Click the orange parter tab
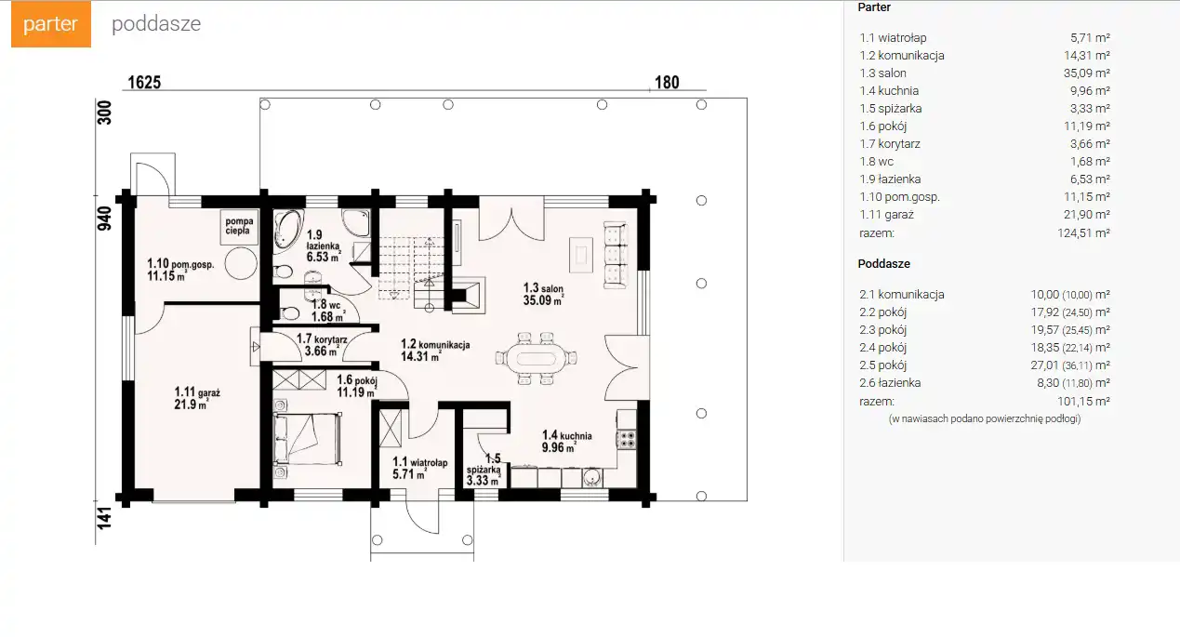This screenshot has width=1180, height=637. click(x=50, y=23)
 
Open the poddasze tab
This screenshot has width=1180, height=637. click(x=156, y=23)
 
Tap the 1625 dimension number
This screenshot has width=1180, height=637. click(x=144, y=82)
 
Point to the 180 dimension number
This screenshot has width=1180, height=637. click(x=667, y=82)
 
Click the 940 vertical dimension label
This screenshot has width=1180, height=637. click(x=104, y=219)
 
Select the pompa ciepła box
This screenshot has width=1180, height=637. click(x=239, y=227)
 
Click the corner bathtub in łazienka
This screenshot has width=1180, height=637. click(x=287, y=229)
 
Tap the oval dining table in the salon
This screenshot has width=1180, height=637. click(x=537, y=359)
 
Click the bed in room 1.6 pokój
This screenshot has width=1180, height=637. click(x=307, y=439)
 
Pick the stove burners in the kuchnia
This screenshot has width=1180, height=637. click(x=627, y=440)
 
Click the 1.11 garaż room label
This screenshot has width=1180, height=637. click(x=197, y=398)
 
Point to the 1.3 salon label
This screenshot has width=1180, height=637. click(x=543, y=294)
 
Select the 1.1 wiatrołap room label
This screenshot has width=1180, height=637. click(x=420, y=468)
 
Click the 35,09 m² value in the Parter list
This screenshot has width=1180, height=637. click(x=1087, y=73)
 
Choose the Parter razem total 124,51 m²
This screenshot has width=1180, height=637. click(x=1083, y=232)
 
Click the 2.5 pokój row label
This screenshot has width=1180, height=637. click(x=882, y=365)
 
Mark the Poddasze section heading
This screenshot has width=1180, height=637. click(x=884, y=263)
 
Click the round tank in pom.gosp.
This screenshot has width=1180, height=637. click(x=241, y=263)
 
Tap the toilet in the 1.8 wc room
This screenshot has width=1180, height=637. click(x=288, y=313)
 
